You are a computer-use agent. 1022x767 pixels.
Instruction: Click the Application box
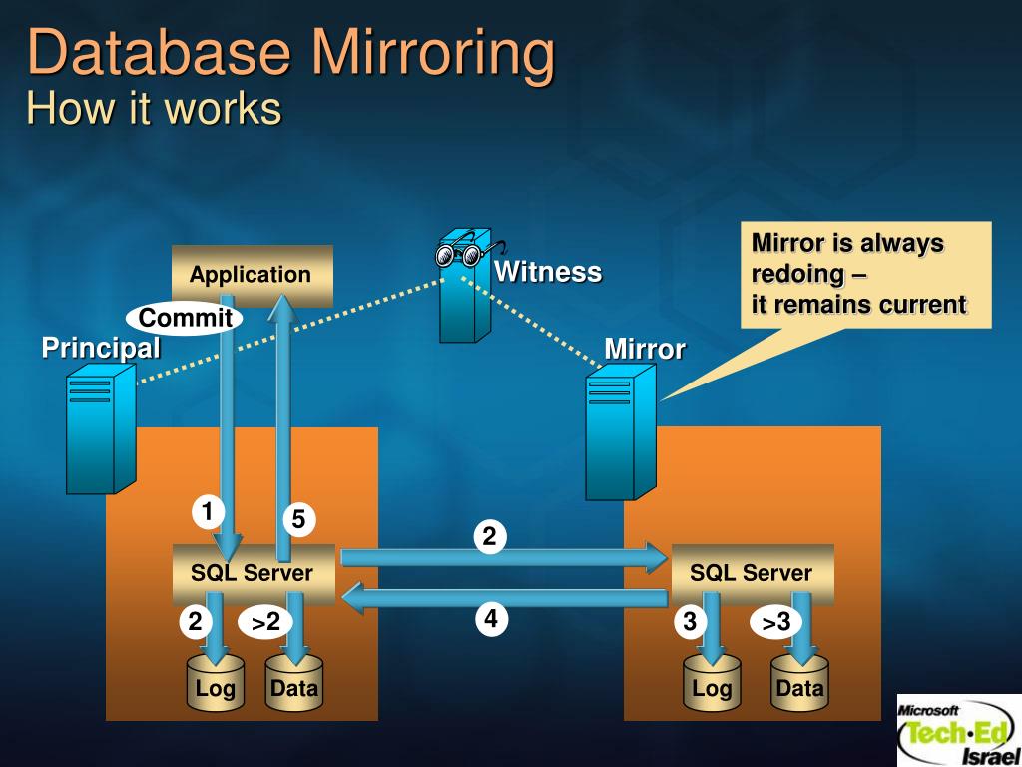[x=252, y=275]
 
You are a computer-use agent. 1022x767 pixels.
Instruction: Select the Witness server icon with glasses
[x=467, y=290]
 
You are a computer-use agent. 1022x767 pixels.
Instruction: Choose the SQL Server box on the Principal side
[x=254, y=573]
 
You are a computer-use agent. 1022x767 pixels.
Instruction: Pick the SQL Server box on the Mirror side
[x=752, y=573]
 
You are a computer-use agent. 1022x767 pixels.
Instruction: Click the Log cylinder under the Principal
[x=216, y=684]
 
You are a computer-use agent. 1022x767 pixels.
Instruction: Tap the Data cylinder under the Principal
[x=294, y=684]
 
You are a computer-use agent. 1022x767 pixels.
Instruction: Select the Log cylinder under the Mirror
[x=713, y=684]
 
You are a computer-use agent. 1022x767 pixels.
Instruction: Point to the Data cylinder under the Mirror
[x=800, y=684]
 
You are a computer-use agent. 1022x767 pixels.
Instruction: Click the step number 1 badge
[x=208, y=513]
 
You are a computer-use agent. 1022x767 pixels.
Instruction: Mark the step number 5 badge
[x=297, y=519]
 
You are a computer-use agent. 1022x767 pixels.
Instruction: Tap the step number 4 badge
[x=490, y=619]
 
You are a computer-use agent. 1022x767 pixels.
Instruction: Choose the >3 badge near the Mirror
[x=776, y=623]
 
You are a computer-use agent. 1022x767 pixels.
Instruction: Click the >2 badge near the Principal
[x=265, y=623]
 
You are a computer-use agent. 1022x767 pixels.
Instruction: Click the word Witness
[x=548, y=272]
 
